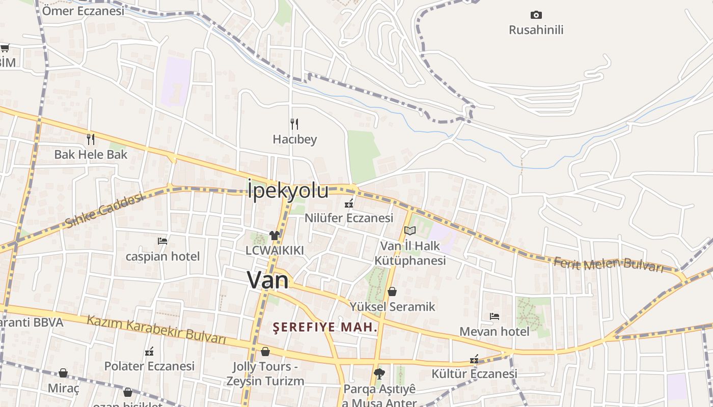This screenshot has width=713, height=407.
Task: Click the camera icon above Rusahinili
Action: [536, 15]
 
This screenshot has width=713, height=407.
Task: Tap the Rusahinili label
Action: [536, 30]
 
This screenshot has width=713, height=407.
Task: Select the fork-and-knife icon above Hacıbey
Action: [294, 124]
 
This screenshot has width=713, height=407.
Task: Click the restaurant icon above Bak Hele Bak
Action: [91, 139]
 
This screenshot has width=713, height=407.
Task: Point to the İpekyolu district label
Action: [288, 190]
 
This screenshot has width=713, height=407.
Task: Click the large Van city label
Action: [268, 280]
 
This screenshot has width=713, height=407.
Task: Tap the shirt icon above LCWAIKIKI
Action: [275, 235]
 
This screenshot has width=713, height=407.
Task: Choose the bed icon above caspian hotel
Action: [162, 241]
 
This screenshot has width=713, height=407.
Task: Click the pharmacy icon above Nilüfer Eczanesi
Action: [349, 203]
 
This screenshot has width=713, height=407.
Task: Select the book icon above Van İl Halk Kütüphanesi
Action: [410, 230]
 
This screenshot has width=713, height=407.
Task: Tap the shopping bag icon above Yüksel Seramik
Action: [392, 292]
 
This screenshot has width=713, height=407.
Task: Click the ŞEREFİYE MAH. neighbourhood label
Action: [325, 327]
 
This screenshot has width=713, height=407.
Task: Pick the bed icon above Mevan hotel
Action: [494, 316]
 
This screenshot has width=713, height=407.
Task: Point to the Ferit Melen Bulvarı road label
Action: [609, 265]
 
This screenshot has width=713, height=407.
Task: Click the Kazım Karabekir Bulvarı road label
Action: [156, 329]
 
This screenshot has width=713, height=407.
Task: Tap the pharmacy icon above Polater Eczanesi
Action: [149, 351]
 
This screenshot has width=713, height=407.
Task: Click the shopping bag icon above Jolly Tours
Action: [265, 352]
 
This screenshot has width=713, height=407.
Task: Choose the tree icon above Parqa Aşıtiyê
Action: [379, 374]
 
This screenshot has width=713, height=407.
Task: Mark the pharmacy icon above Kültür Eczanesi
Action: [474, 359]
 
